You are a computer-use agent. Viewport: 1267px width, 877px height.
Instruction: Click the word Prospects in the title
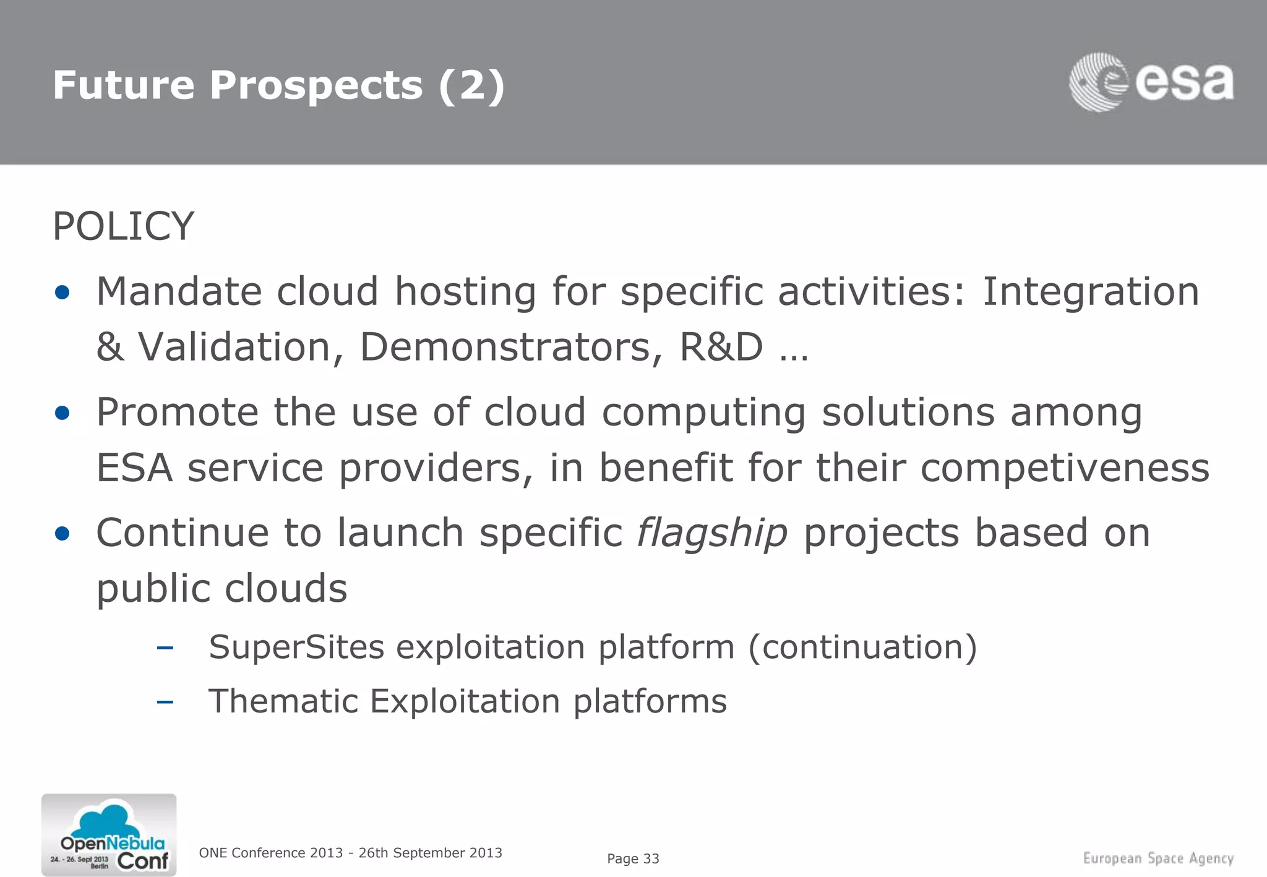(316, 85)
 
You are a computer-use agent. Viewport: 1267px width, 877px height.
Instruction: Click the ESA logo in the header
(1151, 82)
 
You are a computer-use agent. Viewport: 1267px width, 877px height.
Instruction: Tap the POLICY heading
(123, 226)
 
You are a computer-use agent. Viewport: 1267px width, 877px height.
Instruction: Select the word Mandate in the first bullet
(178, 291)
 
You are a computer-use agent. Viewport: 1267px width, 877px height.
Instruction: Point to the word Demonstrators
(505, 346)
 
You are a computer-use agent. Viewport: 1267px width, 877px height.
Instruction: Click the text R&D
(721, 346)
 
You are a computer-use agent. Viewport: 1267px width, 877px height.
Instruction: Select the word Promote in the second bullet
(177, 412)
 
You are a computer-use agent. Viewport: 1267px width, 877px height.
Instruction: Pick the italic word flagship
(712, 533)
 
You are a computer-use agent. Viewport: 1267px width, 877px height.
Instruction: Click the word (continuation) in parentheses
(862, 648)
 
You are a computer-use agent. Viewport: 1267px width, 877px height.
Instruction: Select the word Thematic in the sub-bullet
(283, 701)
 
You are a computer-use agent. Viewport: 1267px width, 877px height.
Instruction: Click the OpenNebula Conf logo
(109, 835)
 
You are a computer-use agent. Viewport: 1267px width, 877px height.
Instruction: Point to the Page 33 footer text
(633, 858)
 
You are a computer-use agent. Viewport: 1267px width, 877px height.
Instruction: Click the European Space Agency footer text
(1158, 858)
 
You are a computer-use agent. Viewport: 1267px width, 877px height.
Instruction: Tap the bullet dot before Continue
(62, 533)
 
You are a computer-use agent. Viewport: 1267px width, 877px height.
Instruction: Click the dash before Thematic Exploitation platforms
(165, 702)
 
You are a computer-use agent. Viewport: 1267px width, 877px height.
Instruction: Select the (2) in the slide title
(471, 85)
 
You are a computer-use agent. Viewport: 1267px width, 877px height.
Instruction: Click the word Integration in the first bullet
(1090, 291)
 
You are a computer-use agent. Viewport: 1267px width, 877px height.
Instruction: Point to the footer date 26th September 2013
(430, 853)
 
